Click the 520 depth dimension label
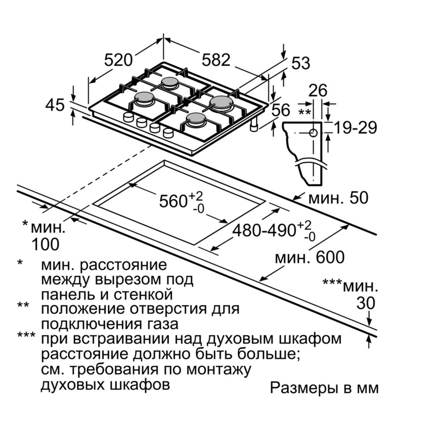(118, 60)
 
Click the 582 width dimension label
(216, 60)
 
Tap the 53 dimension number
(301, 63)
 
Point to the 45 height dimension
(55, 105)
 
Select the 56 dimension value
(281, 110)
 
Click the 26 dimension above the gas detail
(318, 91)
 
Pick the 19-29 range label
(355, 128)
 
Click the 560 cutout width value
(173, 201)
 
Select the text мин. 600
(310, 258)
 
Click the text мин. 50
(338, 198)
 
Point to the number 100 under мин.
(45, 244)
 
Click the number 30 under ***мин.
(366, 303)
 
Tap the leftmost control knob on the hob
(128, 117)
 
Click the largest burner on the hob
(221, 103)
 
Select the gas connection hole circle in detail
(314, 133)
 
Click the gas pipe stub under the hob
(254, 125)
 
